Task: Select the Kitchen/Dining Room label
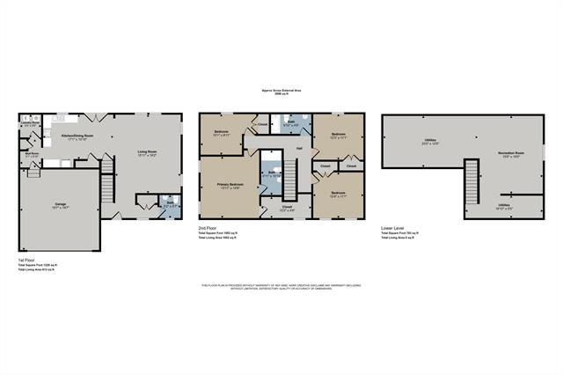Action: coord(77,136)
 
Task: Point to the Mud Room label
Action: coord(32,155)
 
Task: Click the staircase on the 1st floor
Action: coord(107,188)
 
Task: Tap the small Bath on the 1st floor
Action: coord(169,205)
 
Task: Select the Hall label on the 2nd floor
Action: coord(299,147)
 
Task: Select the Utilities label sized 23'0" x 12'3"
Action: coord(430,141)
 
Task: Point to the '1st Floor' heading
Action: coord(26,261)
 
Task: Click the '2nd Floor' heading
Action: coord(208,228)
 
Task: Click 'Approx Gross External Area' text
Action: coord(281,90)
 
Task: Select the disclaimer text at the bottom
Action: coord(281,287)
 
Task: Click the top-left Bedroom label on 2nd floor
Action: coord(221,133)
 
